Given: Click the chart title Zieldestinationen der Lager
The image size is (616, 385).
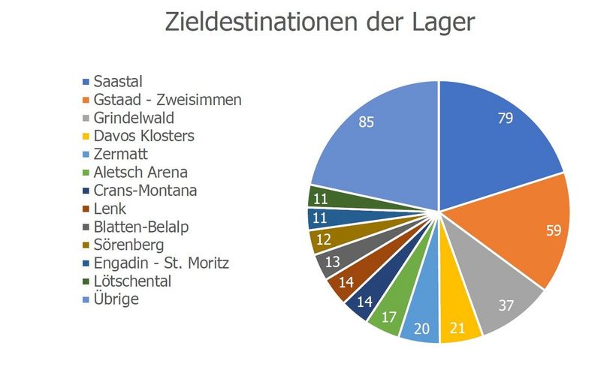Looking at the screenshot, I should click(319, 22).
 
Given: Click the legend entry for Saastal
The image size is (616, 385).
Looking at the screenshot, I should click(118, 81).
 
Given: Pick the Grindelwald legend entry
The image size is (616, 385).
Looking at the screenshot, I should click(134, 118).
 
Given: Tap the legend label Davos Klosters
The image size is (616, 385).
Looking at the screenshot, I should click(143, 136).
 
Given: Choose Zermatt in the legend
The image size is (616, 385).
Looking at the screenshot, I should click(120, 154).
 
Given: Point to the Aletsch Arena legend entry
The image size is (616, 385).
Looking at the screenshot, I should click(140, 173).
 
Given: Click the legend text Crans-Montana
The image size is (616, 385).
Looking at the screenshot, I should click(145, 191).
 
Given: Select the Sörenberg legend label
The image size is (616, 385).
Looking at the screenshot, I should click(128, 245).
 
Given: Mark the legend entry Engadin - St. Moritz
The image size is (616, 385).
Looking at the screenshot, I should click(161, 263).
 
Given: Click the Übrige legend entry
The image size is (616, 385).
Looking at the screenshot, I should click(116, 299).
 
